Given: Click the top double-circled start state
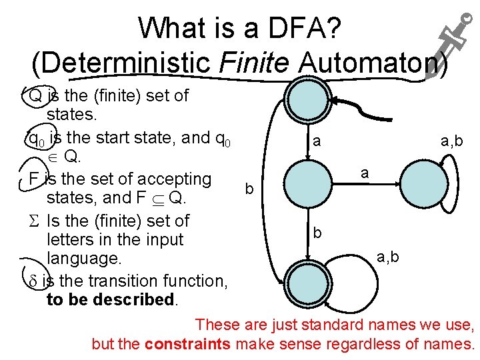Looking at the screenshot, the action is (x=305, y=102).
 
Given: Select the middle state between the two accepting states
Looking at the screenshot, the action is (x=305, y=186).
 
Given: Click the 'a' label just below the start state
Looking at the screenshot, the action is (x=317, y=141).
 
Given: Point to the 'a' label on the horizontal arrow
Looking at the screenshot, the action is (x=365, y=172).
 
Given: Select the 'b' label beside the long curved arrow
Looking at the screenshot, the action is (x=249, y=189).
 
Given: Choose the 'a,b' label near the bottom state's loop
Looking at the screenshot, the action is (x=389, y=256).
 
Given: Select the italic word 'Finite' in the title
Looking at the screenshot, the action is (x=257, y=61).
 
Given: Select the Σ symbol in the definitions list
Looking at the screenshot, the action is (x=33, y=221).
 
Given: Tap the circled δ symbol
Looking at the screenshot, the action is (x=33, y=281).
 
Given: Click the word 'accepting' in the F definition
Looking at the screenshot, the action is (x=173, y=179).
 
